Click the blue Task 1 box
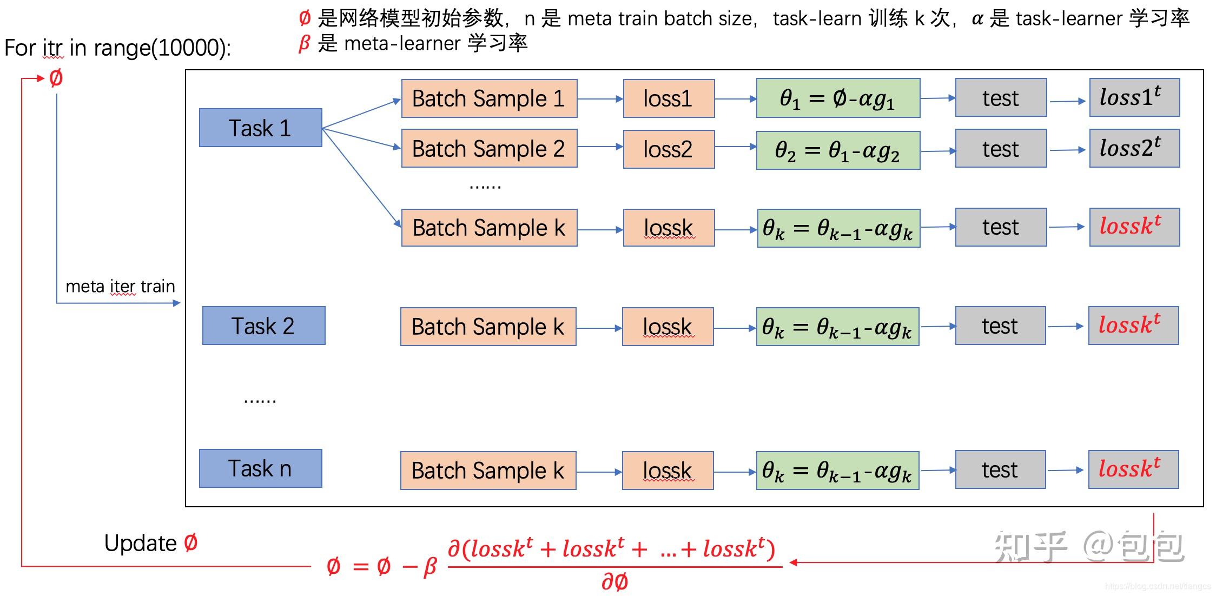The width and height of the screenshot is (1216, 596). coord(260,128)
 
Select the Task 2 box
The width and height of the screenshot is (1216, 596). coord(263,326)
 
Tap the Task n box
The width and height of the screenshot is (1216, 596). coord(260,468)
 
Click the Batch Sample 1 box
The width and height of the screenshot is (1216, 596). coord(488,98)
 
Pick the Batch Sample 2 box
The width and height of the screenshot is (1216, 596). coord(488,148)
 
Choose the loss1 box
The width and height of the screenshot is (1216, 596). coord(668,98)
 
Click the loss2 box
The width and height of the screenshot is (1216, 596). coord(668,149)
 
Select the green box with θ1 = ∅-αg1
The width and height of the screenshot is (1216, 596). coord(837,98)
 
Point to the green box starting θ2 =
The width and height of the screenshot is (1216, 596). coord(837,150)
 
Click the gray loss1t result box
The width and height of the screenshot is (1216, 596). coord(1134,97)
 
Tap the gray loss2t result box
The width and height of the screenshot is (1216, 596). coord(1134,148)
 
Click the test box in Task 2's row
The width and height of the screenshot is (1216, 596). coord(1000,326)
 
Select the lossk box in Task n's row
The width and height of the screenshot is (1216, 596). coord(667,471)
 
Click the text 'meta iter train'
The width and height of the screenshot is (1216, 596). coord(120,286)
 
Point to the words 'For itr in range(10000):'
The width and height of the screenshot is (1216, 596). coord(117,48)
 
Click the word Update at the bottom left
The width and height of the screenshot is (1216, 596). coord(140,543)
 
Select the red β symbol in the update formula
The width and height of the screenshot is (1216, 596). coord(429,567)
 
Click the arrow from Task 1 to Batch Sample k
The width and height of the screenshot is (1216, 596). coord(361,177)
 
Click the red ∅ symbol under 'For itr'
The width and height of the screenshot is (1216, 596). coord(56,78)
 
